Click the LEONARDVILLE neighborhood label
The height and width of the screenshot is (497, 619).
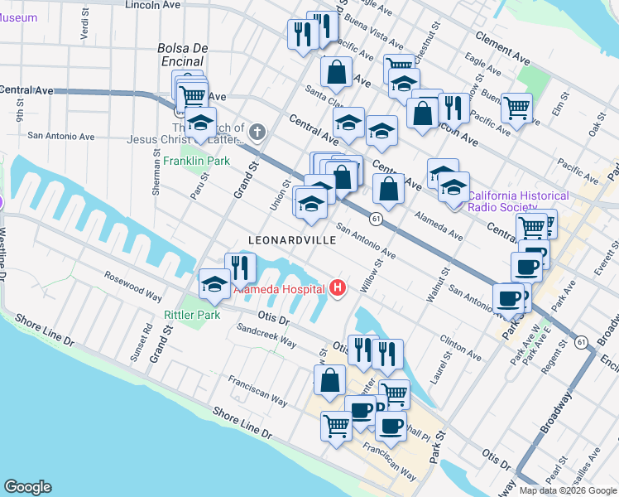[x=293, y=239]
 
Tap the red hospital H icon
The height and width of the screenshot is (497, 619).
[x=338, y=288]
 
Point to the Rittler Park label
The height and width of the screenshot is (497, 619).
[x=192, y=315]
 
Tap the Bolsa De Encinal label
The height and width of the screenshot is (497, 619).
[x=180, y=55]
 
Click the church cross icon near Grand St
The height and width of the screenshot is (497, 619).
[x=257, y=131]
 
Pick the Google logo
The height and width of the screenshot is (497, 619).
[x=27, y=487]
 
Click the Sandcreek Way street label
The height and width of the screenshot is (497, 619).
[x=266, y=335]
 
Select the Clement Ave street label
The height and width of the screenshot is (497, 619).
[x=502, y=48]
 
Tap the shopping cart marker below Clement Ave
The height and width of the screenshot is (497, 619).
[x=516, y=107]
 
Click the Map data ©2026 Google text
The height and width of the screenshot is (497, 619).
[x=568, y=490]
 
